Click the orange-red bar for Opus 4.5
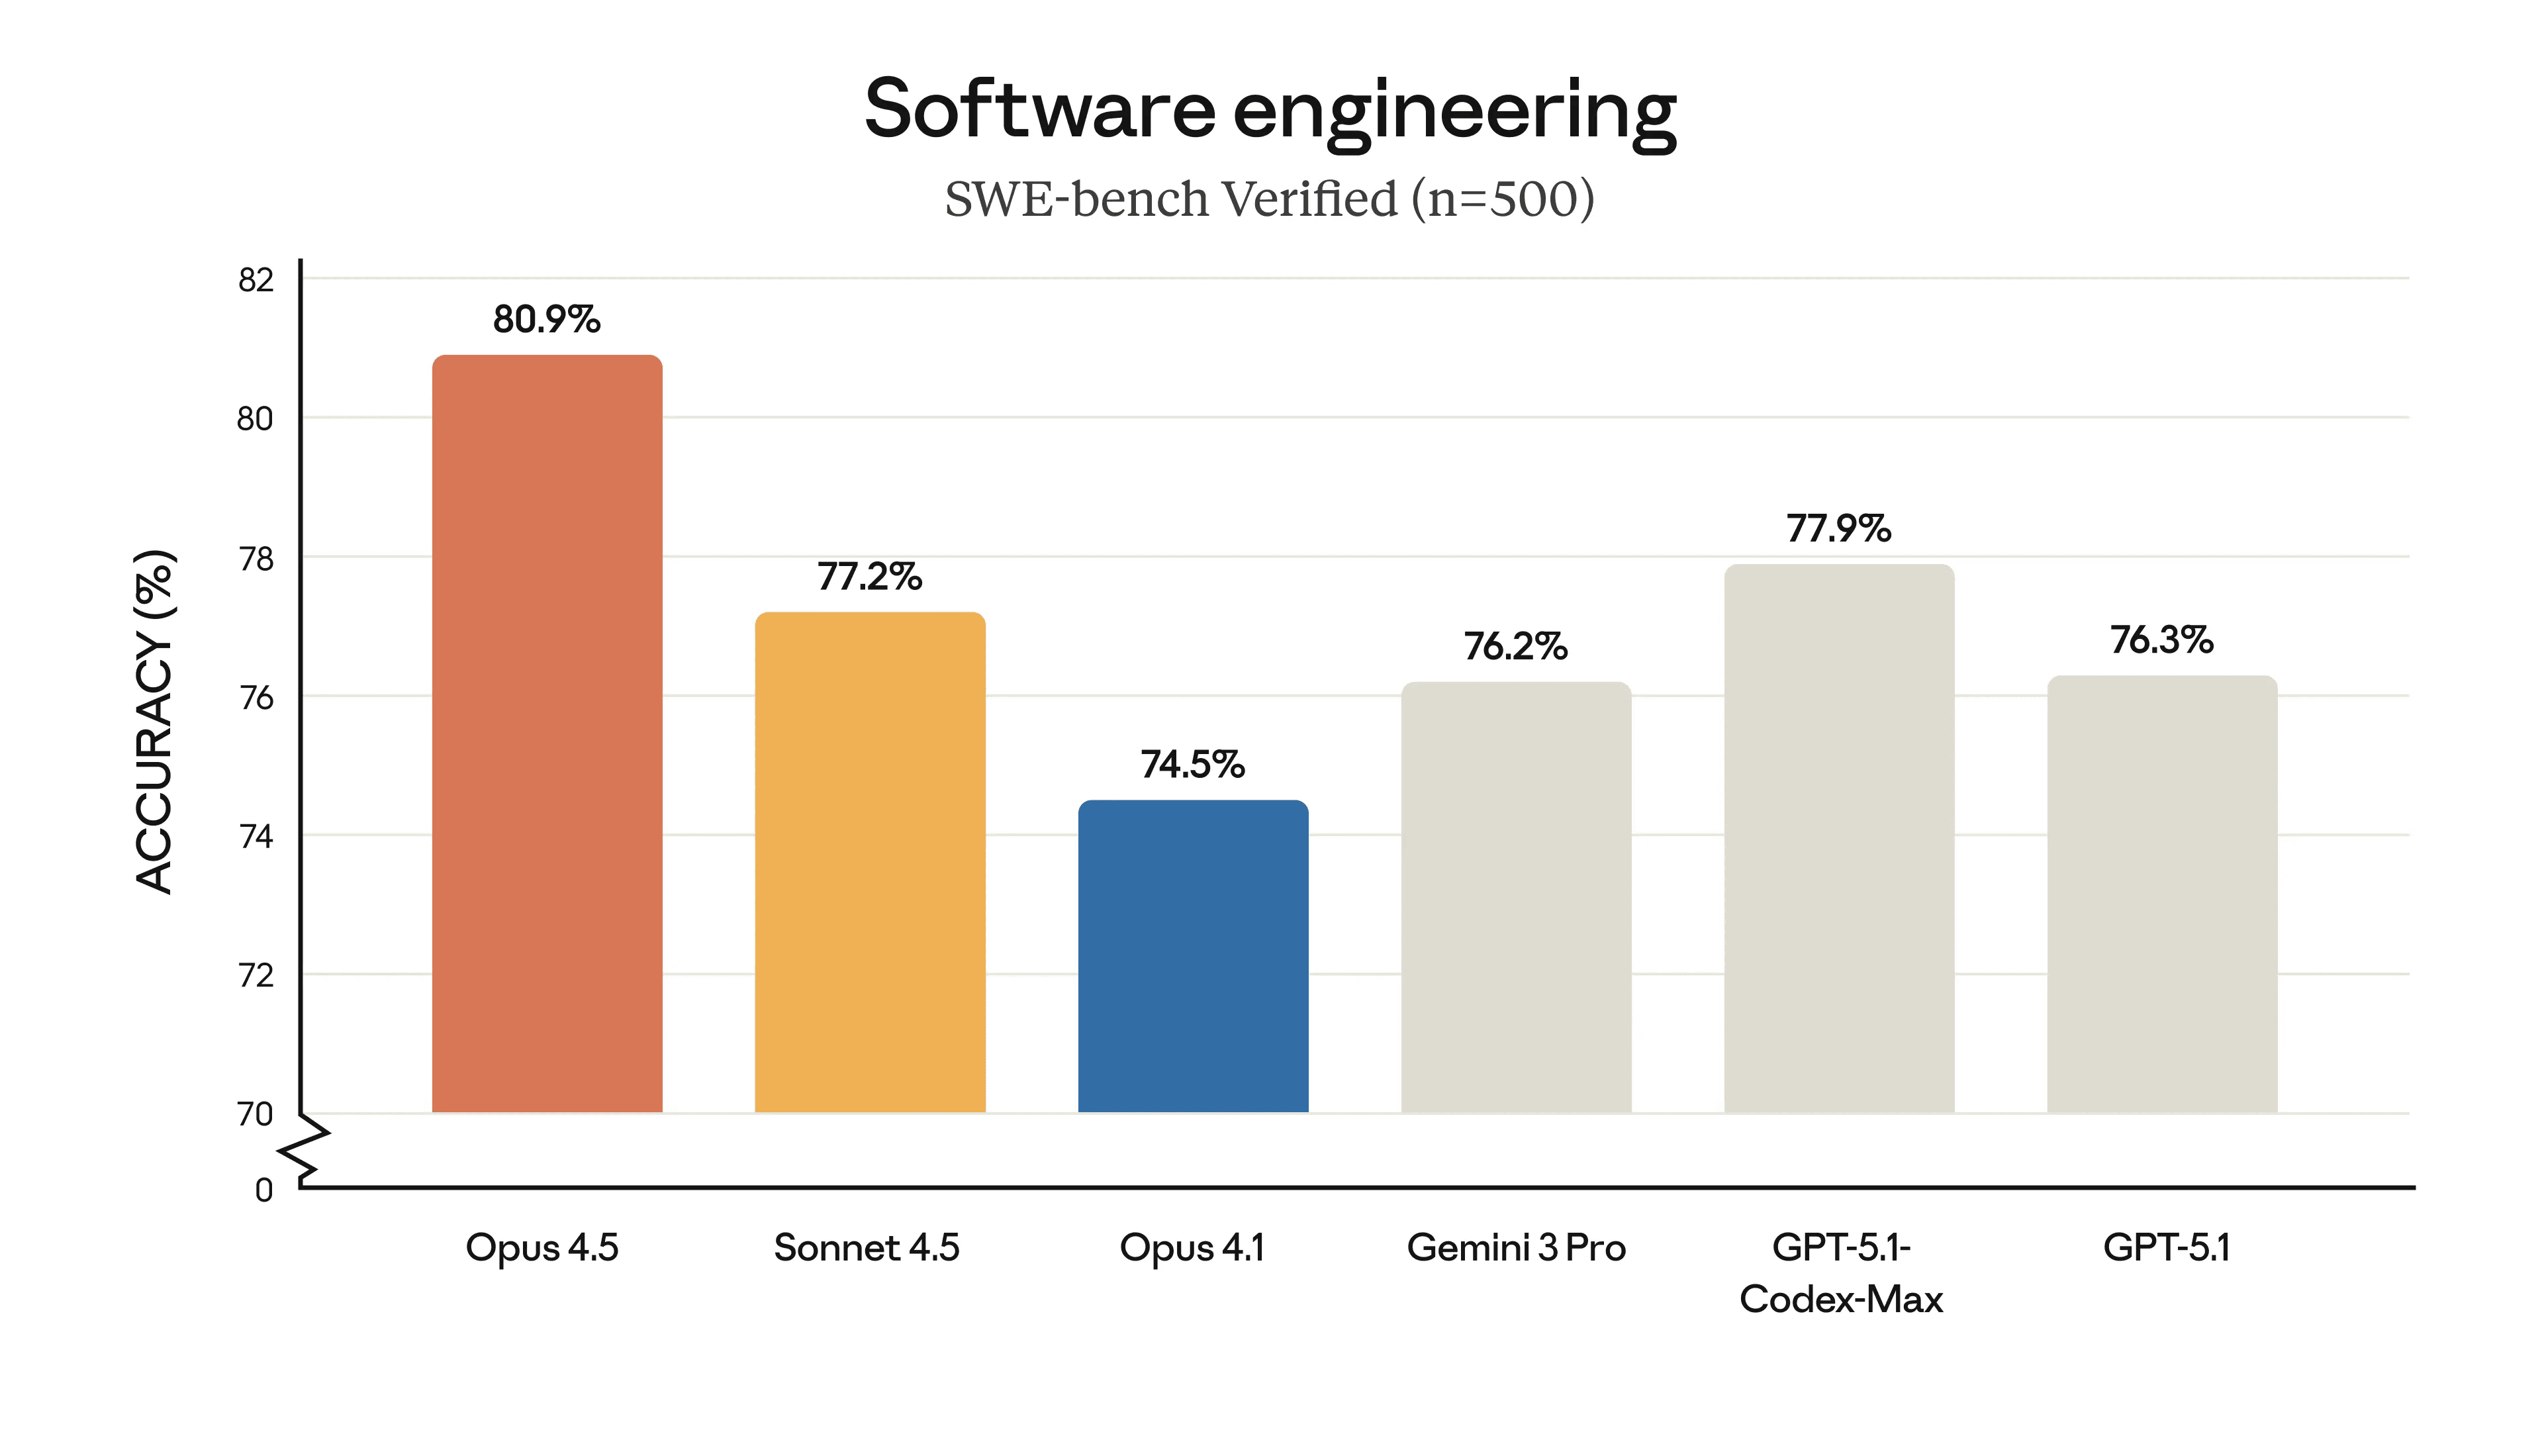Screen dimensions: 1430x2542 point(547,736)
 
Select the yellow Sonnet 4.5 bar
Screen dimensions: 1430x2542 point(869,863)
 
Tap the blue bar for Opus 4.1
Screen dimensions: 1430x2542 point(1192,957)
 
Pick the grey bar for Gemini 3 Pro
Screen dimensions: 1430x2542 point(1516,898)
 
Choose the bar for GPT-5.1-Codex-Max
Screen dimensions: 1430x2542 point(1838,839)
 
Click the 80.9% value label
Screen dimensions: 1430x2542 point(547,320)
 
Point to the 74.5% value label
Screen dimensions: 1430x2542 point(1192,765)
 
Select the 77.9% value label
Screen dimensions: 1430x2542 point(1838,529)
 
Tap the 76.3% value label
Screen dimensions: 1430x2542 point(2161,640)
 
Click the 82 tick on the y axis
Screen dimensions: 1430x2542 point(256,280)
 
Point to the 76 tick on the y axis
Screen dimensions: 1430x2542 point(256,698)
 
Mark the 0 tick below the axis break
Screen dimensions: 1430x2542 point(263,1190)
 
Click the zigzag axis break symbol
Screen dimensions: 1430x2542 point(304,1150)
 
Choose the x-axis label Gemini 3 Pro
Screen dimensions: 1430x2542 point(1516,1249)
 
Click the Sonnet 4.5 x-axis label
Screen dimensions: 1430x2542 point(867,1249)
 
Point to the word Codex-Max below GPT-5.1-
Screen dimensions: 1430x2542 point(1840,1300)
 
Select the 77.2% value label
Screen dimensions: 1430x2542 point(869,577)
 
